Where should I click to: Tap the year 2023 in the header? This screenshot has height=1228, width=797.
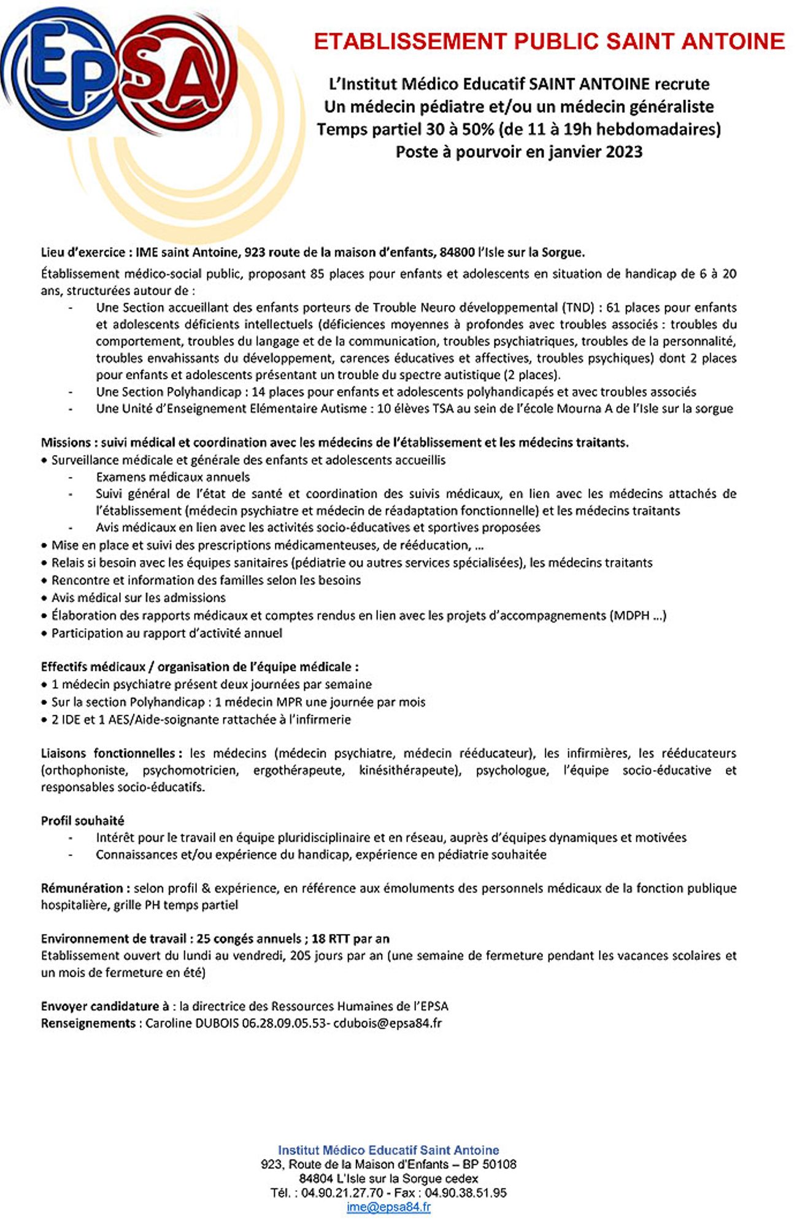(x=623, y=152)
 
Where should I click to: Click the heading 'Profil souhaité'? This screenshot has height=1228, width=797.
(x=82, y=820)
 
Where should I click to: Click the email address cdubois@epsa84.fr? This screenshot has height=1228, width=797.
(x=387, y=1023)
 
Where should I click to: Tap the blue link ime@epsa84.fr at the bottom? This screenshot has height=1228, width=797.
(x=388, y=1207)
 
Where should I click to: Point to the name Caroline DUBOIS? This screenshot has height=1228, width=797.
(x=192, y=1023)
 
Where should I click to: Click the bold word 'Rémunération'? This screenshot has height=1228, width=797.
(x=82, y=888)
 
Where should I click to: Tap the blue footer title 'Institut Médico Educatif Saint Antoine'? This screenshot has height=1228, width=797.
(x=388, y=1150)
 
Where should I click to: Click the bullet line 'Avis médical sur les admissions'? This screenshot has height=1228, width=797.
(x=138, y=597)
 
